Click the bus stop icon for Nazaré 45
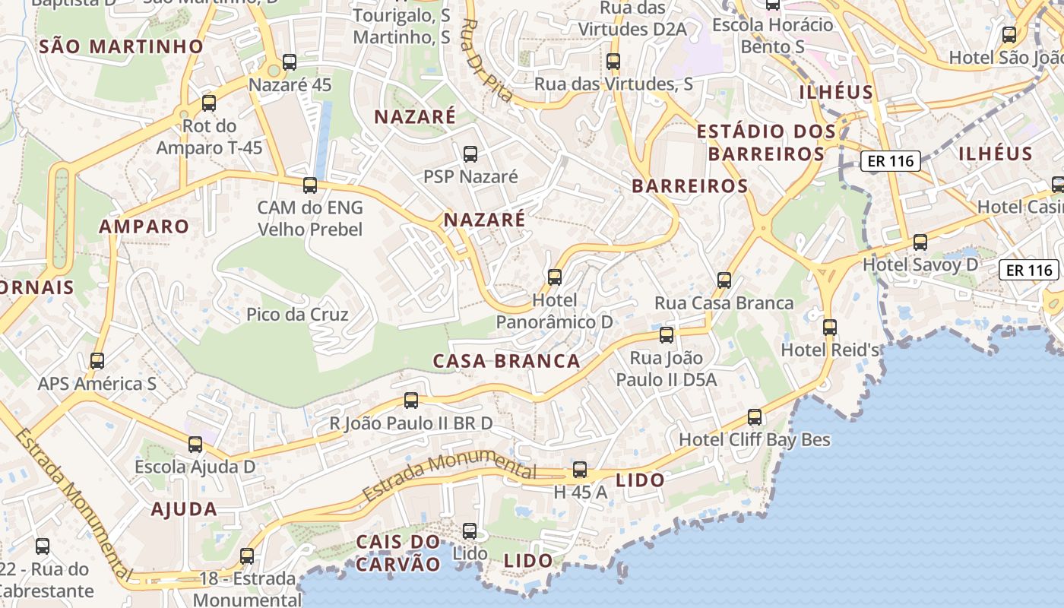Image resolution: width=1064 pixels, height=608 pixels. click(x=289, y=62)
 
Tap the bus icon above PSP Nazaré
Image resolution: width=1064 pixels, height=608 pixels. click(x=470, y=154)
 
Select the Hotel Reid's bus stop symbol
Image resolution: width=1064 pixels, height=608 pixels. click(x=830, y=328)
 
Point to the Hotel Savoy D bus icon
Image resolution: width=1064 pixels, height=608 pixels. click(x=920, y=242)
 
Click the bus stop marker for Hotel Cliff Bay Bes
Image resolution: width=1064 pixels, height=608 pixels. click(x=755, y=417)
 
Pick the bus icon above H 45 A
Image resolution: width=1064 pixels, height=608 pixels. click(x=580, y=470)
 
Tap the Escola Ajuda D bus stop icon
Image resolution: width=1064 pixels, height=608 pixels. click(x=195, y=445)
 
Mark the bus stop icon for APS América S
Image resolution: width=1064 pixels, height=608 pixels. click(x=97, y=361)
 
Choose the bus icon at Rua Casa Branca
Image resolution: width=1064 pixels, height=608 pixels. click(x=724, y=280)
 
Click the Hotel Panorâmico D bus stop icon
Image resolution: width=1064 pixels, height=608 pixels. click(x=555, y=277)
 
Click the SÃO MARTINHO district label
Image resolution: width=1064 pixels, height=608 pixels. click(x=122, y=46)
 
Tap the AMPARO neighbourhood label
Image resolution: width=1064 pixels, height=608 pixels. click(x=144, y=226)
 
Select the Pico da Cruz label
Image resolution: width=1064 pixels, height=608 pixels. click(x=297, y=315)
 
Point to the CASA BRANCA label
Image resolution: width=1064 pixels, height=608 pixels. click(x=506, y=361)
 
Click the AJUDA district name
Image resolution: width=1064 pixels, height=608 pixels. click(x=184, y=509)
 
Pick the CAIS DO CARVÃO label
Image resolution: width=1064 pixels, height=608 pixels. click(x=398, y=553)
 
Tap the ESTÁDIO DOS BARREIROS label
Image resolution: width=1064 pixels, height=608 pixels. click(x=766, y=143)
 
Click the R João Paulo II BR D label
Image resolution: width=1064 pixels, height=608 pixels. click(x=410, y=423)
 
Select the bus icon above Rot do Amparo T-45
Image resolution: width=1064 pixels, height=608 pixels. click(x=209, y=103)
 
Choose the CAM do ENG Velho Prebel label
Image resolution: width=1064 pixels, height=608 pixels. click(x=310, y=219)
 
